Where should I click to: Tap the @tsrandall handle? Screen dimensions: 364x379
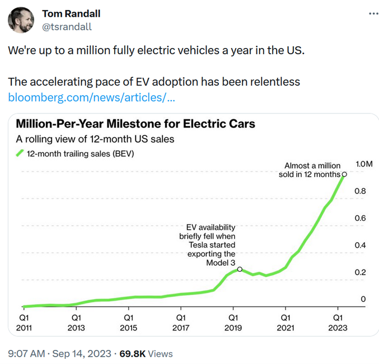(67, 26)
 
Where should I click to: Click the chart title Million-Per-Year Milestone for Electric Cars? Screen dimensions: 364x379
(135, 123)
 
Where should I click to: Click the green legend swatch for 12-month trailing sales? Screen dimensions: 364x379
(20, 153)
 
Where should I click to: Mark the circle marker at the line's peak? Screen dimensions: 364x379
(344, 174)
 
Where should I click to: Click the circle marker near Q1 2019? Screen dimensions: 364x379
(240, 269)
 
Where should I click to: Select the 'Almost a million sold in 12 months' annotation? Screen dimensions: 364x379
(311, 170)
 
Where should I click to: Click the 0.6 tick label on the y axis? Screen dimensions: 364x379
(360, 218)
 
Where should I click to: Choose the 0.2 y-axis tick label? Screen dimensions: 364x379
(360, 272)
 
